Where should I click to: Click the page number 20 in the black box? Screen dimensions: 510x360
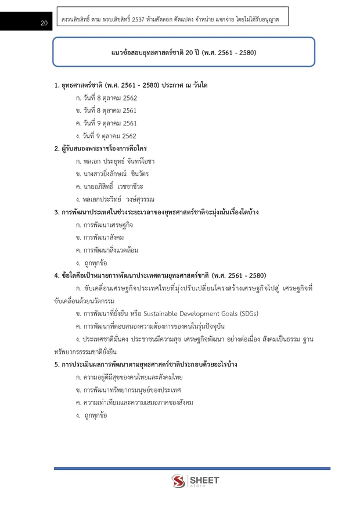pyautogui.click(x=44, y=23)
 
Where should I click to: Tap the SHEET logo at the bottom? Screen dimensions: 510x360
pyautogui.click(x=195, y=482)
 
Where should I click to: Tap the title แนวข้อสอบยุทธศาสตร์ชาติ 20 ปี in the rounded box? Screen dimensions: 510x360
pyautogui.click(x=183, y=53)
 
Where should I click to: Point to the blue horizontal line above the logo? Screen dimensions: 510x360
pyautogui.click(x=192, y=468)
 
